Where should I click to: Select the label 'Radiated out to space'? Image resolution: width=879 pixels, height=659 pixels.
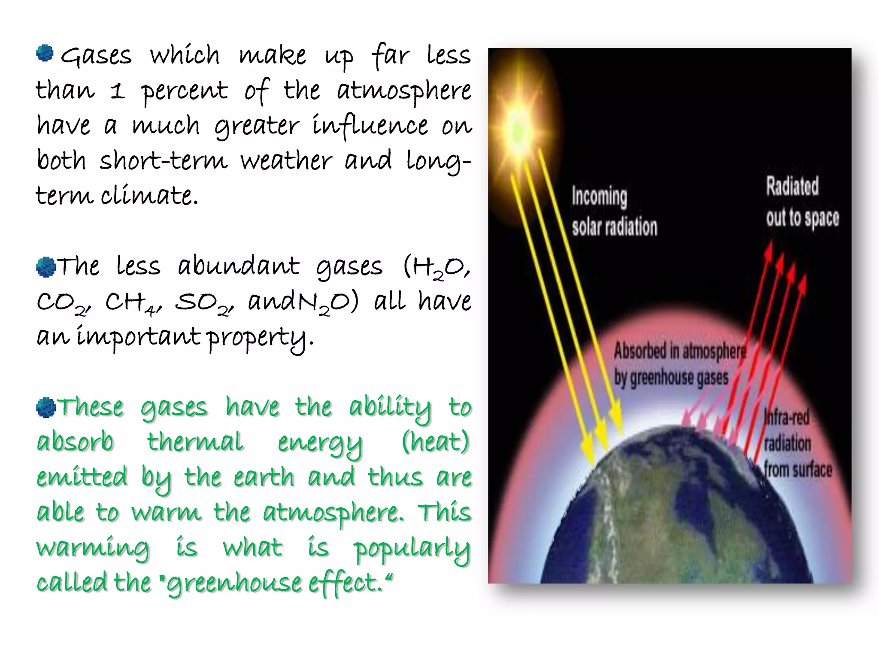[x=802, y=202]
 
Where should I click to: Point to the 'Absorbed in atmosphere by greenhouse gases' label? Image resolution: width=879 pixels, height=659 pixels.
[x=679, y=364]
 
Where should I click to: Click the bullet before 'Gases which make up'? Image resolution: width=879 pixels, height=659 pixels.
[x=45, y=54]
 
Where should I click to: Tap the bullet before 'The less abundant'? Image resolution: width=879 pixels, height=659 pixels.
[x=45, y=267]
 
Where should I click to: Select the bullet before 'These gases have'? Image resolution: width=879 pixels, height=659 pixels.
[x=45, y=408]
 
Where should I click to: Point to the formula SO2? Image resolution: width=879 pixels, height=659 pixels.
[x=203, y=303]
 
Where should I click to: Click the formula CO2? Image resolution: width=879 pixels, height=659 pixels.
[x=63, y=303]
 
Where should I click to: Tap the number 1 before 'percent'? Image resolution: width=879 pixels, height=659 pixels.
[x=117, y=91]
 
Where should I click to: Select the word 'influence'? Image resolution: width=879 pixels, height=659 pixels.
[x=370, y=126]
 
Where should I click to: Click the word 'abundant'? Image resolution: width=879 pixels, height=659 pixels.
[x=238, y=266]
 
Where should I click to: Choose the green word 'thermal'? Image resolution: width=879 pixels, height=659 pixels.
[x=195, y=442]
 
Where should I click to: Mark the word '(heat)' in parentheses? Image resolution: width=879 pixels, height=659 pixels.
[x=435, y=442]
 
